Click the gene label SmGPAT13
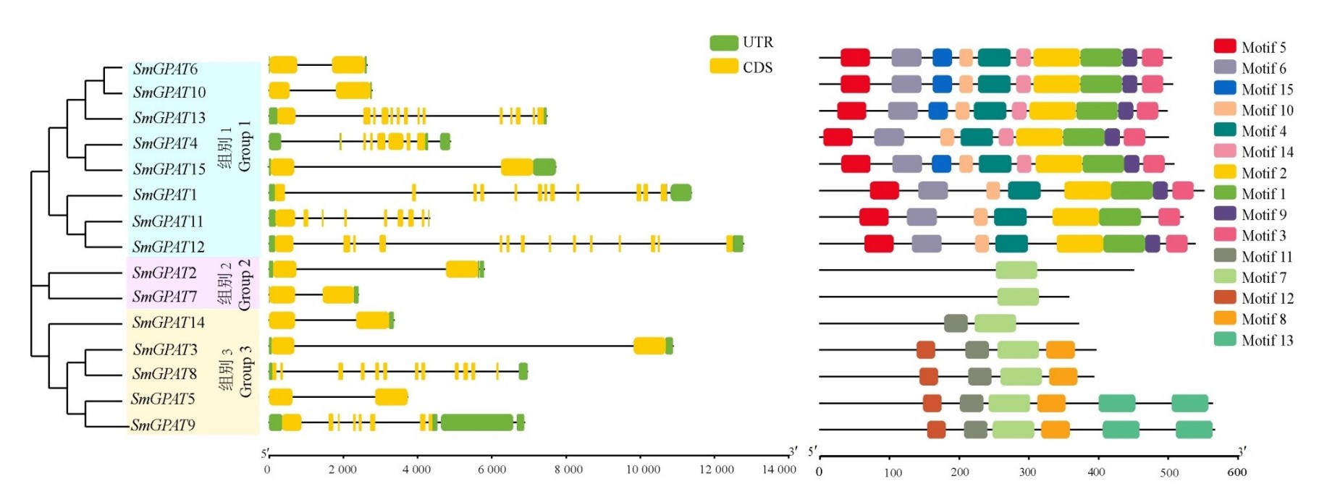point(169,117)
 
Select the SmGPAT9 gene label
point(163,425)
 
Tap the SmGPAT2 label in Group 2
point(164,273)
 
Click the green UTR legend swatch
point(723,43)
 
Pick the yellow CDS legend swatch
point(723,67)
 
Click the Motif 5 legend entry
point(1250,47)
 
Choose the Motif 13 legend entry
point(1254,340)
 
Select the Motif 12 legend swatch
point(1225,297)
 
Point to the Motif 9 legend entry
point(1250,214)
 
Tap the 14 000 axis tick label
point(778,469)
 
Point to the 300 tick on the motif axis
point(1027,472)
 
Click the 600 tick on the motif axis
point(1237,472)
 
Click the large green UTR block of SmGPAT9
point(477,422)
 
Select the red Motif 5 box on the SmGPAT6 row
point(855,58)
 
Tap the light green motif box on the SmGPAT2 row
point(1016,271)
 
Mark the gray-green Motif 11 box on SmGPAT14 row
point(956,323)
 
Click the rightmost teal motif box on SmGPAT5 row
point(1189,404)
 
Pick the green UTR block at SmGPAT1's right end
point(681,193)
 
